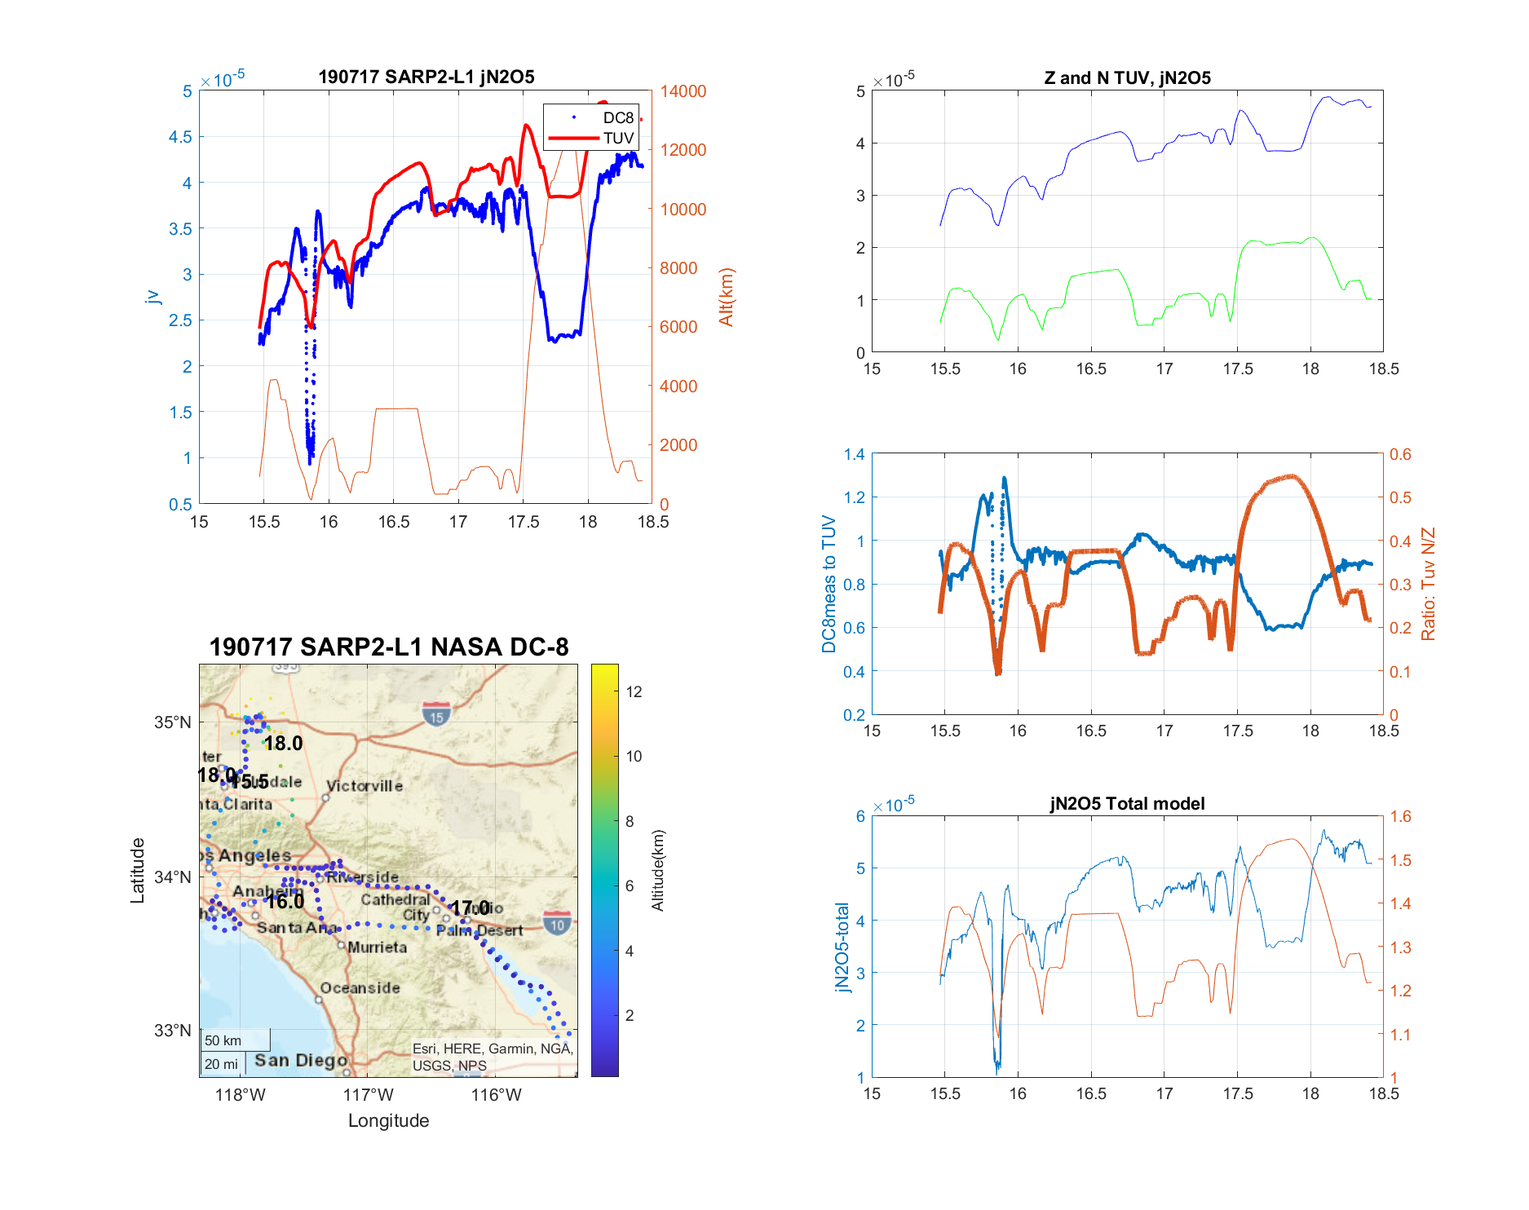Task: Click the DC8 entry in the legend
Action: click(617, 117)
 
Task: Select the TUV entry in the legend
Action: click(617, 138)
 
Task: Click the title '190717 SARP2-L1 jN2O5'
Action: click(426, 77)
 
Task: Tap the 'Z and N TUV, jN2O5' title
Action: click(1127, 77)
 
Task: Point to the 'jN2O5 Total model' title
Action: click(1127, 803)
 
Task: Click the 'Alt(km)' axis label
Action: click(726, 297)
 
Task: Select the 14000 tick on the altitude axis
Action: click(683, 91)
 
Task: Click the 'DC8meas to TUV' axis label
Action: click(829, 584)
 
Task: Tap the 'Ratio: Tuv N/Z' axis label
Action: click(1428, 584)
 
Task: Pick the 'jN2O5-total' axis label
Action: click(842, 947)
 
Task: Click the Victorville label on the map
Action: click(365, 786)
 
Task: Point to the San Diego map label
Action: click(301, 1060)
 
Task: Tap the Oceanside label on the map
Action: click(360, 987)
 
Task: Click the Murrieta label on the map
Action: click(377, 947)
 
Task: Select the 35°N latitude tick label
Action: click(173, 722)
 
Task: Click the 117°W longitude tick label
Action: click(368, 1095)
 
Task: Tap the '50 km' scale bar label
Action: click(223, 1040)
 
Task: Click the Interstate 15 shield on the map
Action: click(436, 714)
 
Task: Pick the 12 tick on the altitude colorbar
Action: click(634, 691)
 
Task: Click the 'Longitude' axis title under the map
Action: click(388, 1120)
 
